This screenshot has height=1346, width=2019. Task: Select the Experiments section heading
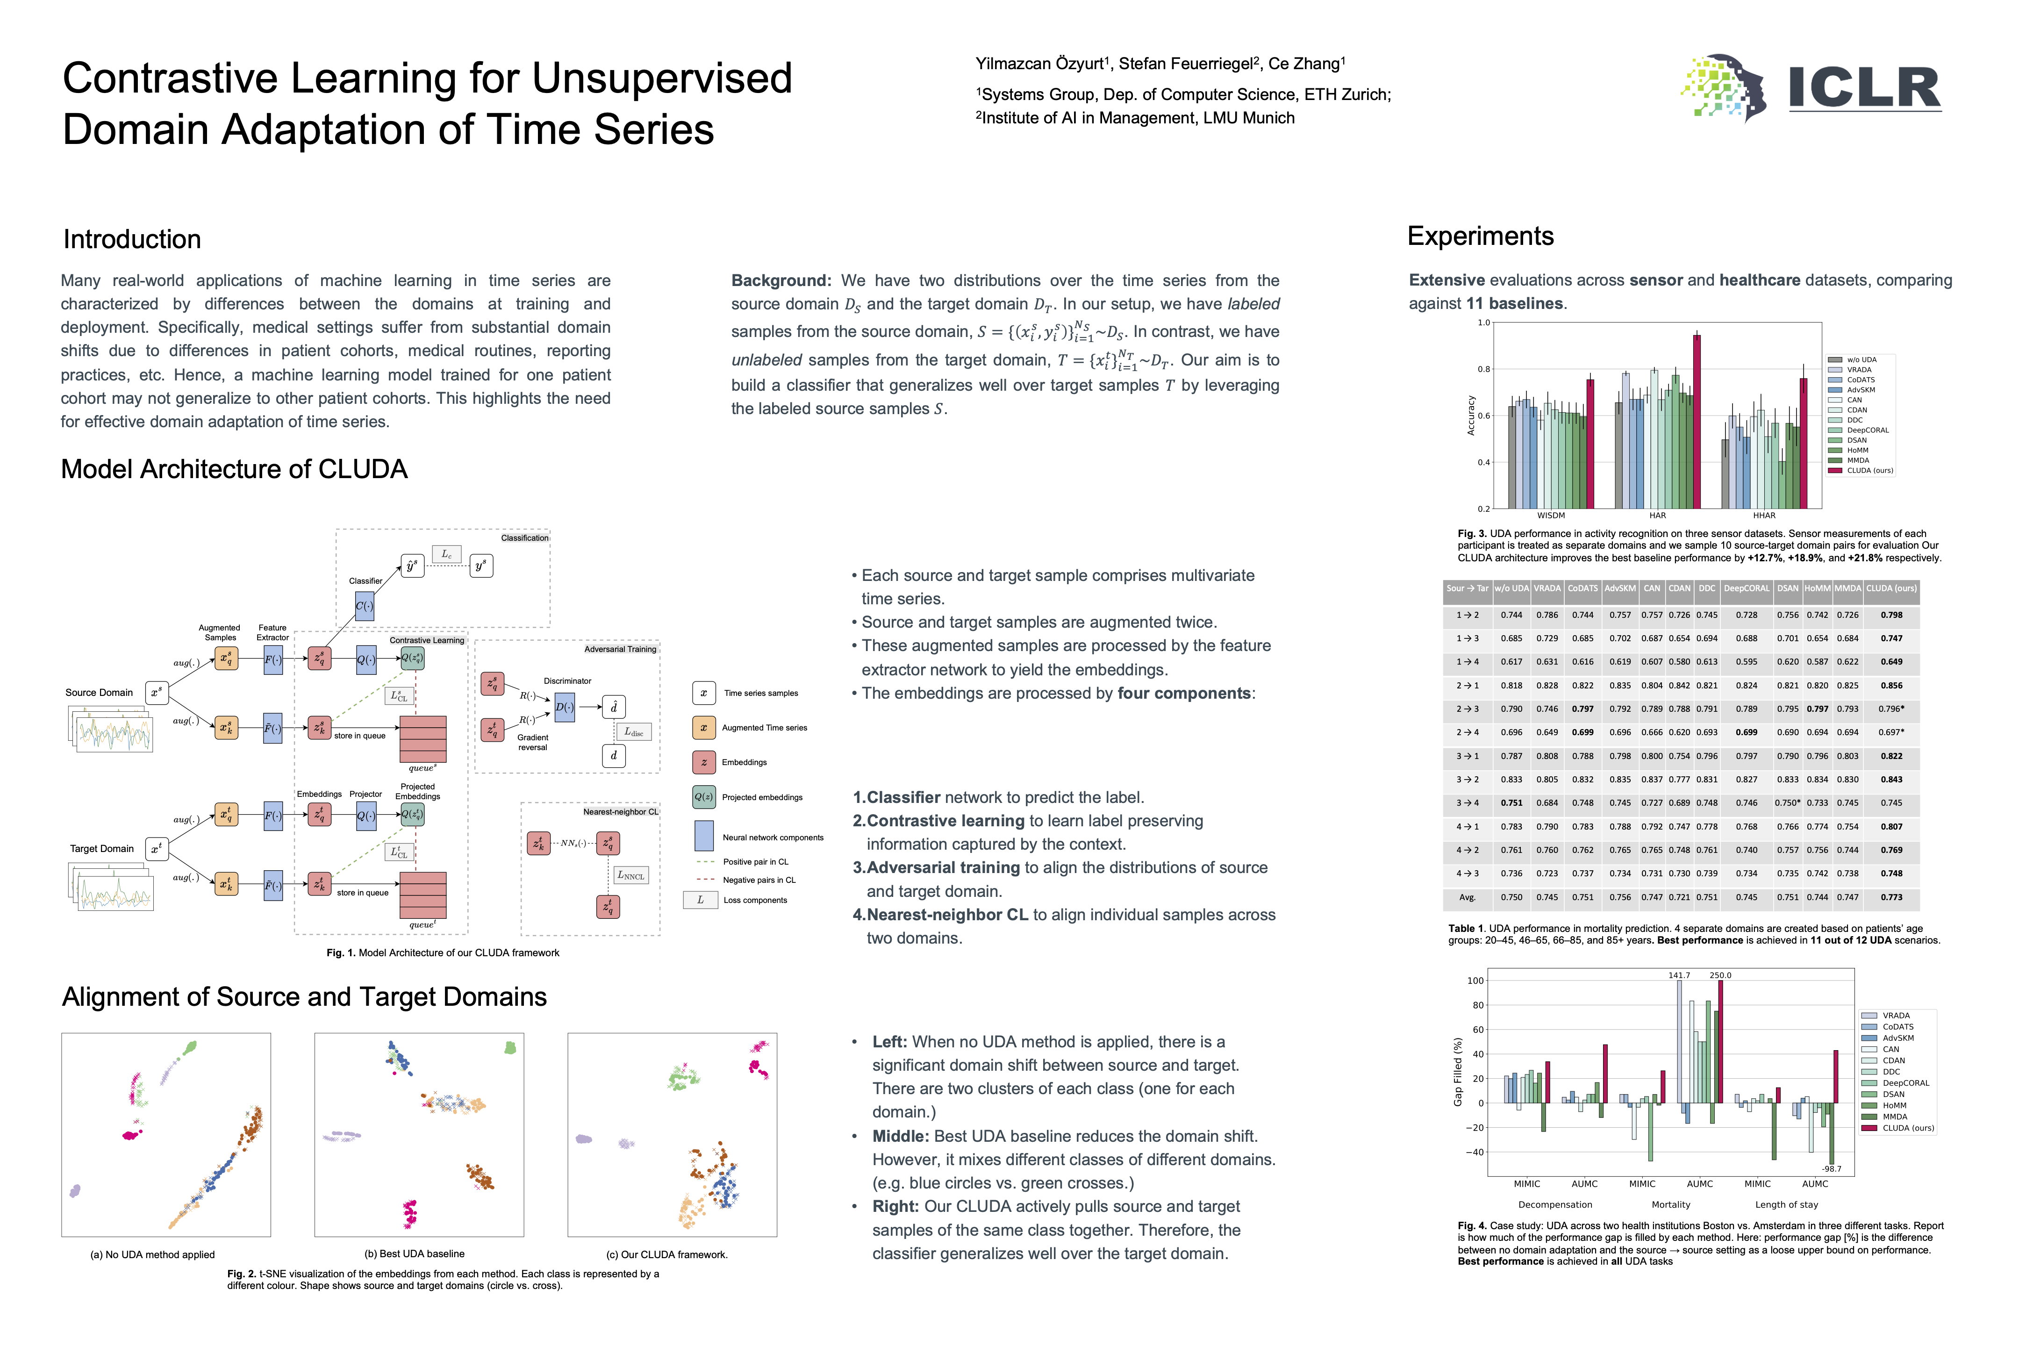coord(1480,236)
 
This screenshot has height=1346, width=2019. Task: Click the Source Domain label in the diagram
coord(99,693)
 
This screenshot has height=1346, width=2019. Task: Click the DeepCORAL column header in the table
coord(1746,589)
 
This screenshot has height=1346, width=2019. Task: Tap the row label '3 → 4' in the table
coord(1467,803)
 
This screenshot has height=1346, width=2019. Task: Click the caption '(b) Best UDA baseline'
coord(415,1254)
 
